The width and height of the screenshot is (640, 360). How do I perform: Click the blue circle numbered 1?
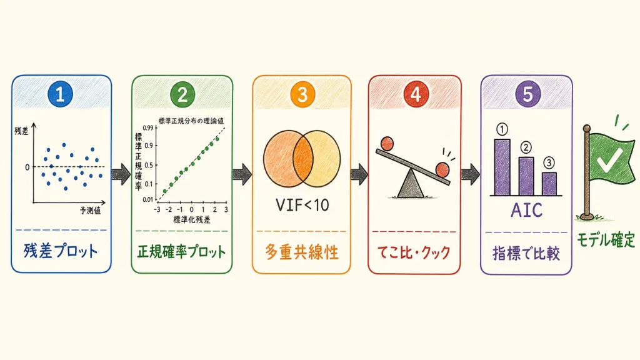60,94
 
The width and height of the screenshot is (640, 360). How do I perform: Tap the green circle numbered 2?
182,94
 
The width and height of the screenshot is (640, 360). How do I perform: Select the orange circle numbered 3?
302,94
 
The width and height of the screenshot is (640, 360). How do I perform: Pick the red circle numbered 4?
416,94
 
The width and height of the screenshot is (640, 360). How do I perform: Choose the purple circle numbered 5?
527,94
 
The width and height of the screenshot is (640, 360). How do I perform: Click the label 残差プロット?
61,251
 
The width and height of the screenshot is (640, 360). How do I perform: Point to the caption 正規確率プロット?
181,251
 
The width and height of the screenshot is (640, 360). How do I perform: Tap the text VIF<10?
302,205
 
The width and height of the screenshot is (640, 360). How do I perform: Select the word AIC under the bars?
526,210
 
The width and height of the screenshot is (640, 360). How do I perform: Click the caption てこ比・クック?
414,252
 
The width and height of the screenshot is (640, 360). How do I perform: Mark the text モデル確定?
606,239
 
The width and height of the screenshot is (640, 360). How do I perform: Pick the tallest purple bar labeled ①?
502,167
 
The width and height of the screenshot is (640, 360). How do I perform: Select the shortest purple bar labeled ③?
549,184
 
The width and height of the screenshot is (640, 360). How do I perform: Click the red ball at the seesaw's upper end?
387,143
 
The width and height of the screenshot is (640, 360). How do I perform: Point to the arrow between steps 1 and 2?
121,174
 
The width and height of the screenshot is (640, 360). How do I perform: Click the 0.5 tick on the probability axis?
150,165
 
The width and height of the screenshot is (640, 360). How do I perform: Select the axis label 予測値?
90,211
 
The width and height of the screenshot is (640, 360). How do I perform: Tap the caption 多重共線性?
302,252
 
